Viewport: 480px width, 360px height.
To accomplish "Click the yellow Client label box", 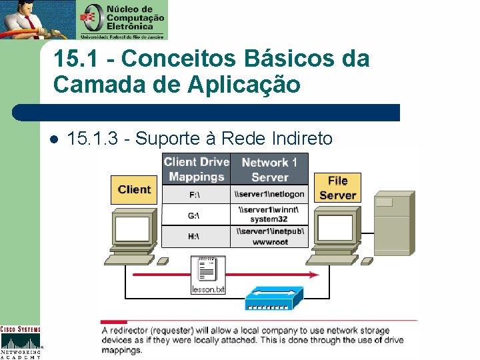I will (134, 189).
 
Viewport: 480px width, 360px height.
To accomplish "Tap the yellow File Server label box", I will (337, 188).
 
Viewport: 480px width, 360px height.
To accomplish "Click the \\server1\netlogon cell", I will (269, 195).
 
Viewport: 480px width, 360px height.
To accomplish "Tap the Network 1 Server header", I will (269, 169).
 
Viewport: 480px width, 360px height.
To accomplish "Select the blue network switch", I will (274, 299).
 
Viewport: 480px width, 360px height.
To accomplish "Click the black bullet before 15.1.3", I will (55, 139).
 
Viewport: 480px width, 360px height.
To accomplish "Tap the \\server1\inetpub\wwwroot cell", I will (269, 237).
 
